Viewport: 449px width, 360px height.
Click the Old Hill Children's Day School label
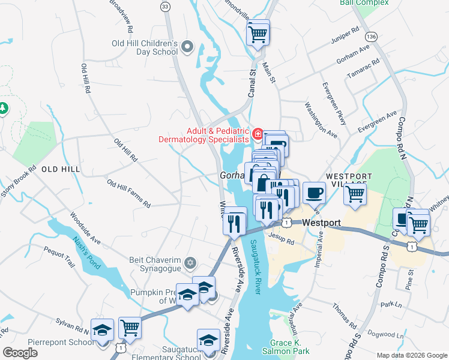click(x=145, y=47)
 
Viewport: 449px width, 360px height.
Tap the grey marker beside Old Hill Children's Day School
click(x=187, y=47)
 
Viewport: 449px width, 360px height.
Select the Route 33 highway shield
click(x=164, y=5)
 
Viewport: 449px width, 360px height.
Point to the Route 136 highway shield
click(x=372, y=37)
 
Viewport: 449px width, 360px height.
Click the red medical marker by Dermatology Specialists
click(x=258, y=133)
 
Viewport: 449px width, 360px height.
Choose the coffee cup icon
click(x=314, y=193)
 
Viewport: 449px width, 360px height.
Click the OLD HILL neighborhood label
click(x=61, y=170)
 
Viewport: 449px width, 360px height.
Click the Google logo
click(x=20, y=353)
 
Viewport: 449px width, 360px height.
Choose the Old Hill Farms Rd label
click(x=128, y=193)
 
